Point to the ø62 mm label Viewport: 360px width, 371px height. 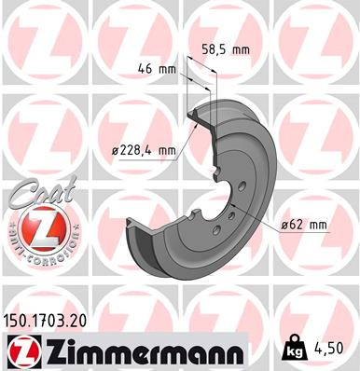tap(305, 225)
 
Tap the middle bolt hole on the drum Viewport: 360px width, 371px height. tap(229, 217)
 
